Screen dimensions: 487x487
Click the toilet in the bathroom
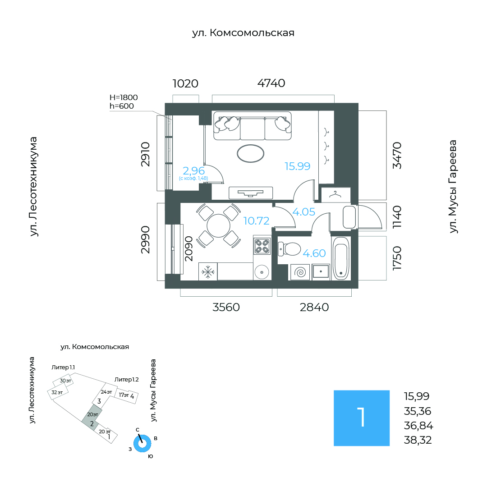(289, 249)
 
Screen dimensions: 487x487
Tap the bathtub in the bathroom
(341, 258)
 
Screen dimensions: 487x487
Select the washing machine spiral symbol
(300, 272)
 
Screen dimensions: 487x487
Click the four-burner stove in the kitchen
(262, 246)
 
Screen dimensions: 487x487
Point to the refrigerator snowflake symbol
(208, 272)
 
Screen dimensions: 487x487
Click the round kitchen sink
(262, 272)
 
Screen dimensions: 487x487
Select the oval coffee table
(250, 153)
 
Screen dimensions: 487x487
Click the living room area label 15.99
(298, 166)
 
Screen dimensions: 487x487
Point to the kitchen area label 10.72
(256, 221)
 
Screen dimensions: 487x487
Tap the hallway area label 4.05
(304, 212)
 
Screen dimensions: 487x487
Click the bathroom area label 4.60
(314, 253)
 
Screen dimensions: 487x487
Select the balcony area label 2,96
(194, 170)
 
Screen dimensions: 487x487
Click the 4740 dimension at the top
(271, 83)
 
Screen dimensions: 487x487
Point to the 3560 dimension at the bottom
(226, 307)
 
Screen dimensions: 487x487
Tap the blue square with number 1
(362, 418)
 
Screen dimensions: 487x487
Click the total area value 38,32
(418, 440)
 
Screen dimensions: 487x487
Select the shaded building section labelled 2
(91, 418)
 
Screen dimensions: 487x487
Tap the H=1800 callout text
(124, 97)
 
